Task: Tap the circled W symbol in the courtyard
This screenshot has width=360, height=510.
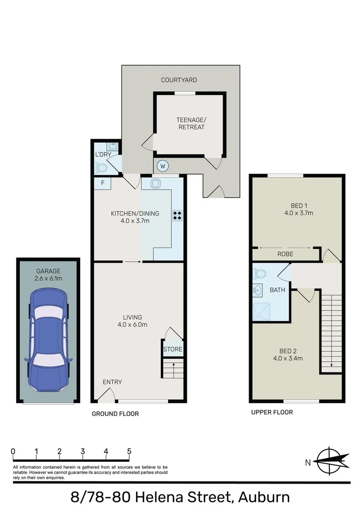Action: pos(162,166)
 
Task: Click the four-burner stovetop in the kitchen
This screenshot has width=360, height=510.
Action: pos(178,216)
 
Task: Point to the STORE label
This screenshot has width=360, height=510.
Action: pos(172,349)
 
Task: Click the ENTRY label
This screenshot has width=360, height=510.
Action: pos(112,382)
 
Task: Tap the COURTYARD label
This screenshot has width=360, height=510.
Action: pos(179,80)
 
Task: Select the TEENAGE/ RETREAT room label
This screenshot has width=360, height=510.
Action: pos(191,123)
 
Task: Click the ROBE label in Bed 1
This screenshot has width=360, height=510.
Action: pos(285,254)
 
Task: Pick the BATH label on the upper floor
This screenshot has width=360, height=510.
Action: pos(277,290)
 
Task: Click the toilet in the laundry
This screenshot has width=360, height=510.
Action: pos(100,167)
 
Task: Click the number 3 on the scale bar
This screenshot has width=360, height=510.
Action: pos(83,451)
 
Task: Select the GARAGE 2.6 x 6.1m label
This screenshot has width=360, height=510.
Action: pos(48,274)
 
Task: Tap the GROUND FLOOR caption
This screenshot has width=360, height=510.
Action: pos(115,414)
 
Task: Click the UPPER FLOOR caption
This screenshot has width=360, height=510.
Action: pos(272,412)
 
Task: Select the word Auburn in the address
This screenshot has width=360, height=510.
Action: pos(264,497)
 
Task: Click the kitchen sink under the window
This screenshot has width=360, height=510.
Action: pos(156,183)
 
